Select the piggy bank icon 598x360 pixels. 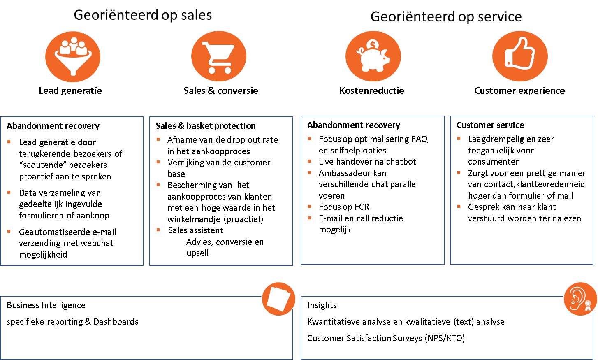[373, 56]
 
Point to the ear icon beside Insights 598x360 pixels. [580, 299]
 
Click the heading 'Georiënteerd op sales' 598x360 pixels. [143, 15]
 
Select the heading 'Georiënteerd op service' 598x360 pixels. [446, 17]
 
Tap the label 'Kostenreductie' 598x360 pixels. [372, 91]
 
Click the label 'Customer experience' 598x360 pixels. [519, 91]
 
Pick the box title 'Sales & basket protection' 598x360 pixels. [206, 126]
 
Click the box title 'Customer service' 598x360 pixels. [490, 125]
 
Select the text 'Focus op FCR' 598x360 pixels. [344, 207]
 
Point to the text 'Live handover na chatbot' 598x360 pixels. [367, 162]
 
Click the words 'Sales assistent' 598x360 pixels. [195, 230]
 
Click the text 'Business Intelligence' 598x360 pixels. [46, 305]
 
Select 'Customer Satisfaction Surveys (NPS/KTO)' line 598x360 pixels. [386, 338]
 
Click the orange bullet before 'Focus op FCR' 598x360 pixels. [310, 207]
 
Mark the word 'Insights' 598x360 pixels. [322, 305]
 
